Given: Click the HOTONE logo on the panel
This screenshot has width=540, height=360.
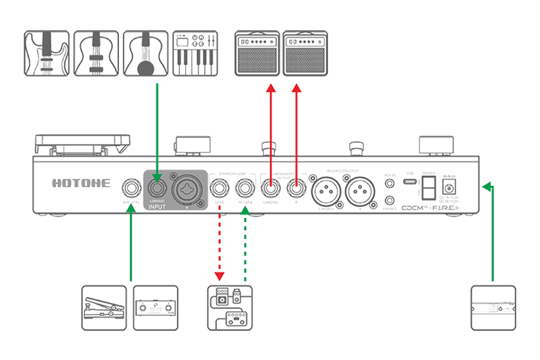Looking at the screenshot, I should (81, 183).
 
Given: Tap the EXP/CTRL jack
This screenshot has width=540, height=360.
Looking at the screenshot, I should (131, 188).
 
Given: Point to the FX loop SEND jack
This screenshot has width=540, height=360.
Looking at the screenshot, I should (219, 188).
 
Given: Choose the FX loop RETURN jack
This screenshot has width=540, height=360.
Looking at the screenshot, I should (246, 188).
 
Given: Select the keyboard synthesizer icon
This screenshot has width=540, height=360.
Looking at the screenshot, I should (195, 53).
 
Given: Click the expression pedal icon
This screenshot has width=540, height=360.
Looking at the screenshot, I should (104, 308).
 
